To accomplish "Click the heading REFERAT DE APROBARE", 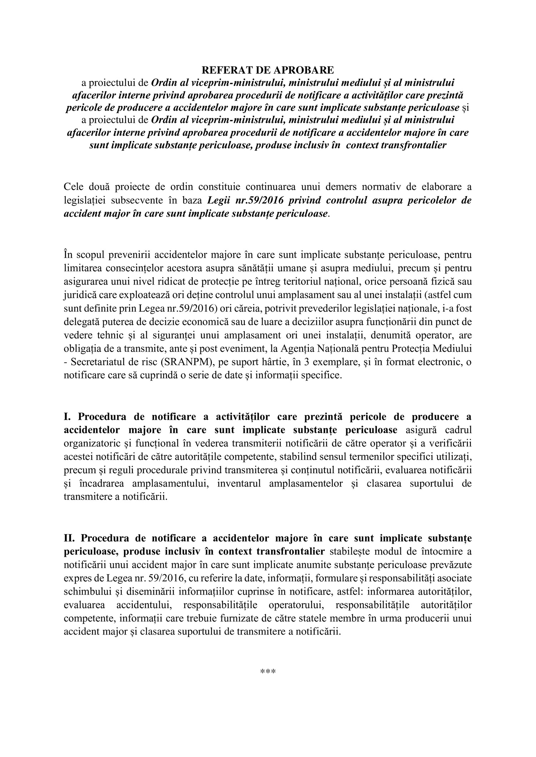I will click(x=267, y=70).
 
